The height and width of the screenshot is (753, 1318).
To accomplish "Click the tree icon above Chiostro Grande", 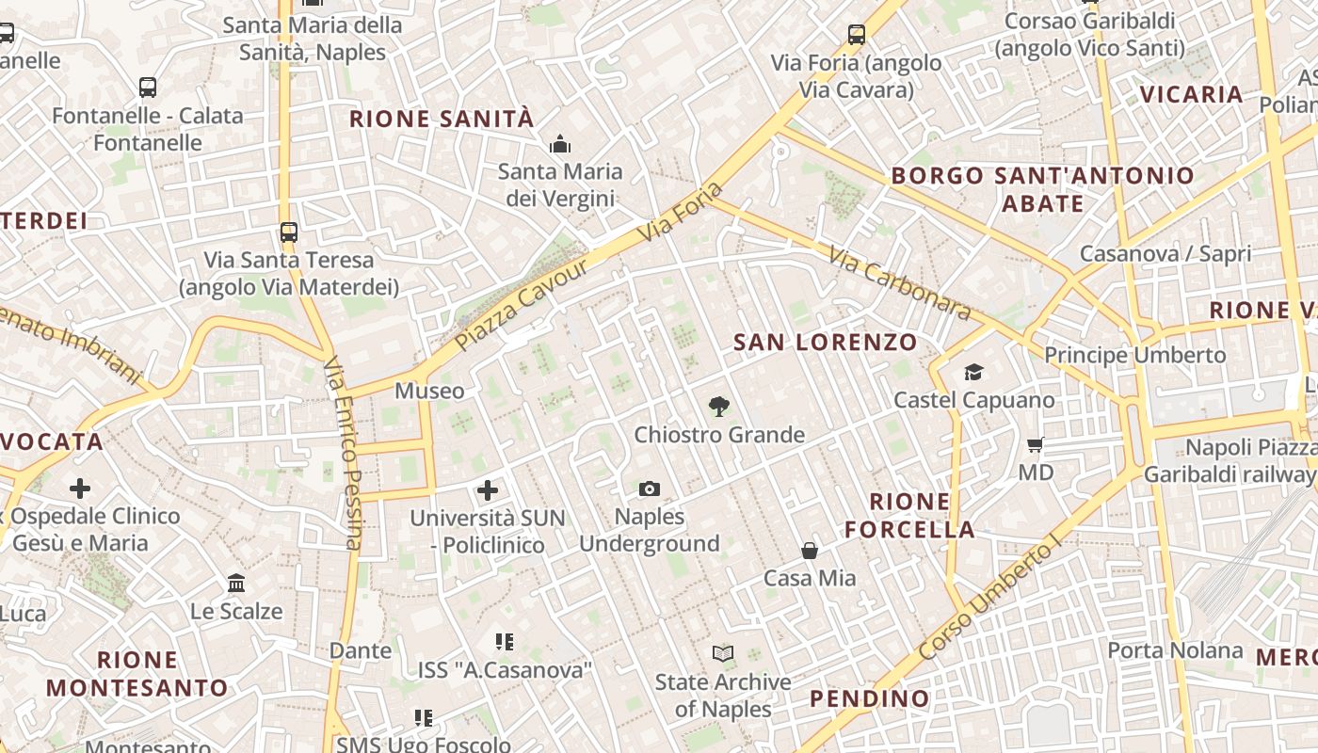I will pyautogui.click(x=719, y=407).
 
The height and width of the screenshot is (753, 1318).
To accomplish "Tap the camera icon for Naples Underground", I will pyautogui.click(x=650, y=489).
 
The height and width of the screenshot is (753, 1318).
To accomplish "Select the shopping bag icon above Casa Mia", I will pyautogui.click(x=810, y=550).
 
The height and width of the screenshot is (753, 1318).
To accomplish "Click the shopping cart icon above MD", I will pyautogui.click(x=1036, y=444).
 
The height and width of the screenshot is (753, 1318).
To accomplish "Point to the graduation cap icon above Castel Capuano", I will pyautogui.click(x=973, y=373).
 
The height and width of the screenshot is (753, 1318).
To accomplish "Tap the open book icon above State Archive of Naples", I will pyautogui.click(x=723, y=653).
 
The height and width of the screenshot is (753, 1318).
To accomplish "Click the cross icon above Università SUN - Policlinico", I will pyautogui.click(x=488, y=489).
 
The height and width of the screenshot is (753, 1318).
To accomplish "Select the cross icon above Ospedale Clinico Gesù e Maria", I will pyautogui.click(x=80, y=488).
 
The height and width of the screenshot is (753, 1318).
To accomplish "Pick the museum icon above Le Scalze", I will pyautogui.click(x=236, y=584).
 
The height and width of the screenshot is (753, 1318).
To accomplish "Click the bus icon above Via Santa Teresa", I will pyautogui.click(x=289, y=232).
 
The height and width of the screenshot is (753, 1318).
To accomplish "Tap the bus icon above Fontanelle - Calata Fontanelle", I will pyautogui.click(x=148, y=88).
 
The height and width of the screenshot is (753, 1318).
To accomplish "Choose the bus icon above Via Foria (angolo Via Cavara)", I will pyautogui.click(x=857, y=35).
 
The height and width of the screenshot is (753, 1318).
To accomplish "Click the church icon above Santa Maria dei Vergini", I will pyautogui.click(x=560, y=144).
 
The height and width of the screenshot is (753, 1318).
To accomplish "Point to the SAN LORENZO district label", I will pyautogui.click(x=825, y=342).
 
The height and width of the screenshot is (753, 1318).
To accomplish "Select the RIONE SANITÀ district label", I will pyautogui.click(x=442, y=119).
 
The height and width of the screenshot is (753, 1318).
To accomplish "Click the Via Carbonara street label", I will pyautogui.click(x=899, y=282).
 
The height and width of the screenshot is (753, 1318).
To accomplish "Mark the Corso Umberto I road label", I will pyautogui.click(x=988, y=601).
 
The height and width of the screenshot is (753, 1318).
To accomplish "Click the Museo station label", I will pyautogui.click(x=429, y=391).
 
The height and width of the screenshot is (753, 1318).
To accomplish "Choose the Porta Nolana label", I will pyautogui.click(x=1175, y=650).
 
